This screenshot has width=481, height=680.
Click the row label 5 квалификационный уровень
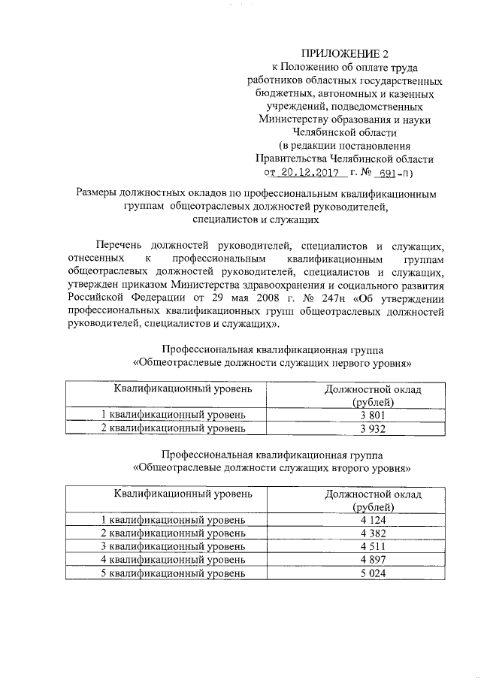tap(173, 573)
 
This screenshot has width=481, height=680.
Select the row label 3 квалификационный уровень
tap(173, 546)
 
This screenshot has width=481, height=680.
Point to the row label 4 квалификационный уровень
tap(173, 560)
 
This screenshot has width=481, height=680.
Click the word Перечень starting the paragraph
tap(121, 245)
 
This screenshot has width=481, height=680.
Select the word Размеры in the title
tap(101, 193)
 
